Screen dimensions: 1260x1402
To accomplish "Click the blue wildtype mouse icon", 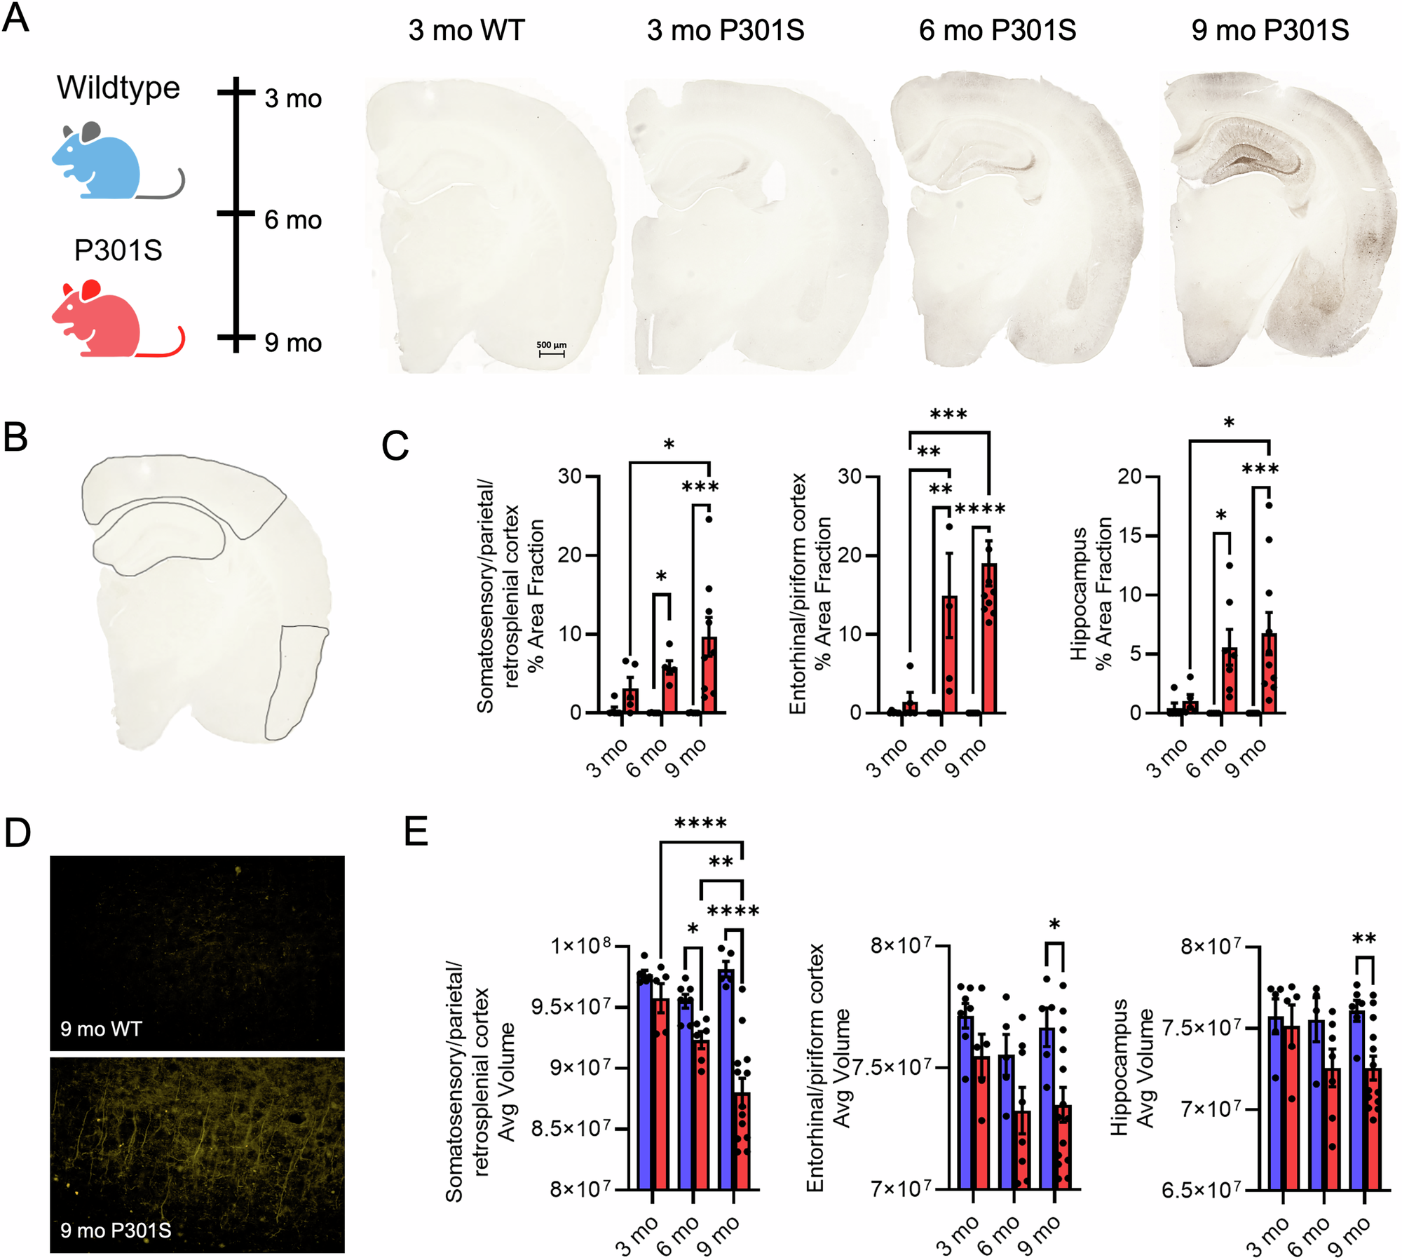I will coord(98,163).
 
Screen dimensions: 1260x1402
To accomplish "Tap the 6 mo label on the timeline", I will coord(293,221).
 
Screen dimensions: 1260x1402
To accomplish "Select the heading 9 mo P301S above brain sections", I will coord(1270,31).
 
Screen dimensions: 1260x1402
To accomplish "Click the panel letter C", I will coord(395,446).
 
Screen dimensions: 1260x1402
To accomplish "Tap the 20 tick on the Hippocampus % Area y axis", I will coord(1129,477).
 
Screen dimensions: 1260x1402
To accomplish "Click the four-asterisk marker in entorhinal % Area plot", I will coord(980,510).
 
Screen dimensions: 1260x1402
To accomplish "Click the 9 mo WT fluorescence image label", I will coord(101,1029).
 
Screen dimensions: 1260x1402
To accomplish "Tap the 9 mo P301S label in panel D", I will coord(116,1230).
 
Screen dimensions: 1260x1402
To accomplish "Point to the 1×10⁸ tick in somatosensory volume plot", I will coord(581,946).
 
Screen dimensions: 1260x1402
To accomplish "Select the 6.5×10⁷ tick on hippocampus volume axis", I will coord(1202,1190).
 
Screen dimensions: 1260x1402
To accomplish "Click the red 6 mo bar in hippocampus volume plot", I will coord(1332,1129).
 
